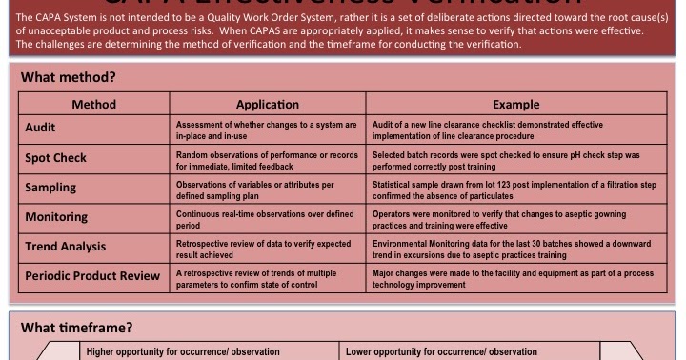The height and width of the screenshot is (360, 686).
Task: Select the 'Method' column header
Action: click(x=93, y=104)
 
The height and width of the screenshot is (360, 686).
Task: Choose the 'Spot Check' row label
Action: click(x=56, y=158)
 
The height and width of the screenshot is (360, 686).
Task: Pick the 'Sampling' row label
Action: click(x=51, y=188)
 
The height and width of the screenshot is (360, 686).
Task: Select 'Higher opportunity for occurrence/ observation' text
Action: click(x=183, y=351)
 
